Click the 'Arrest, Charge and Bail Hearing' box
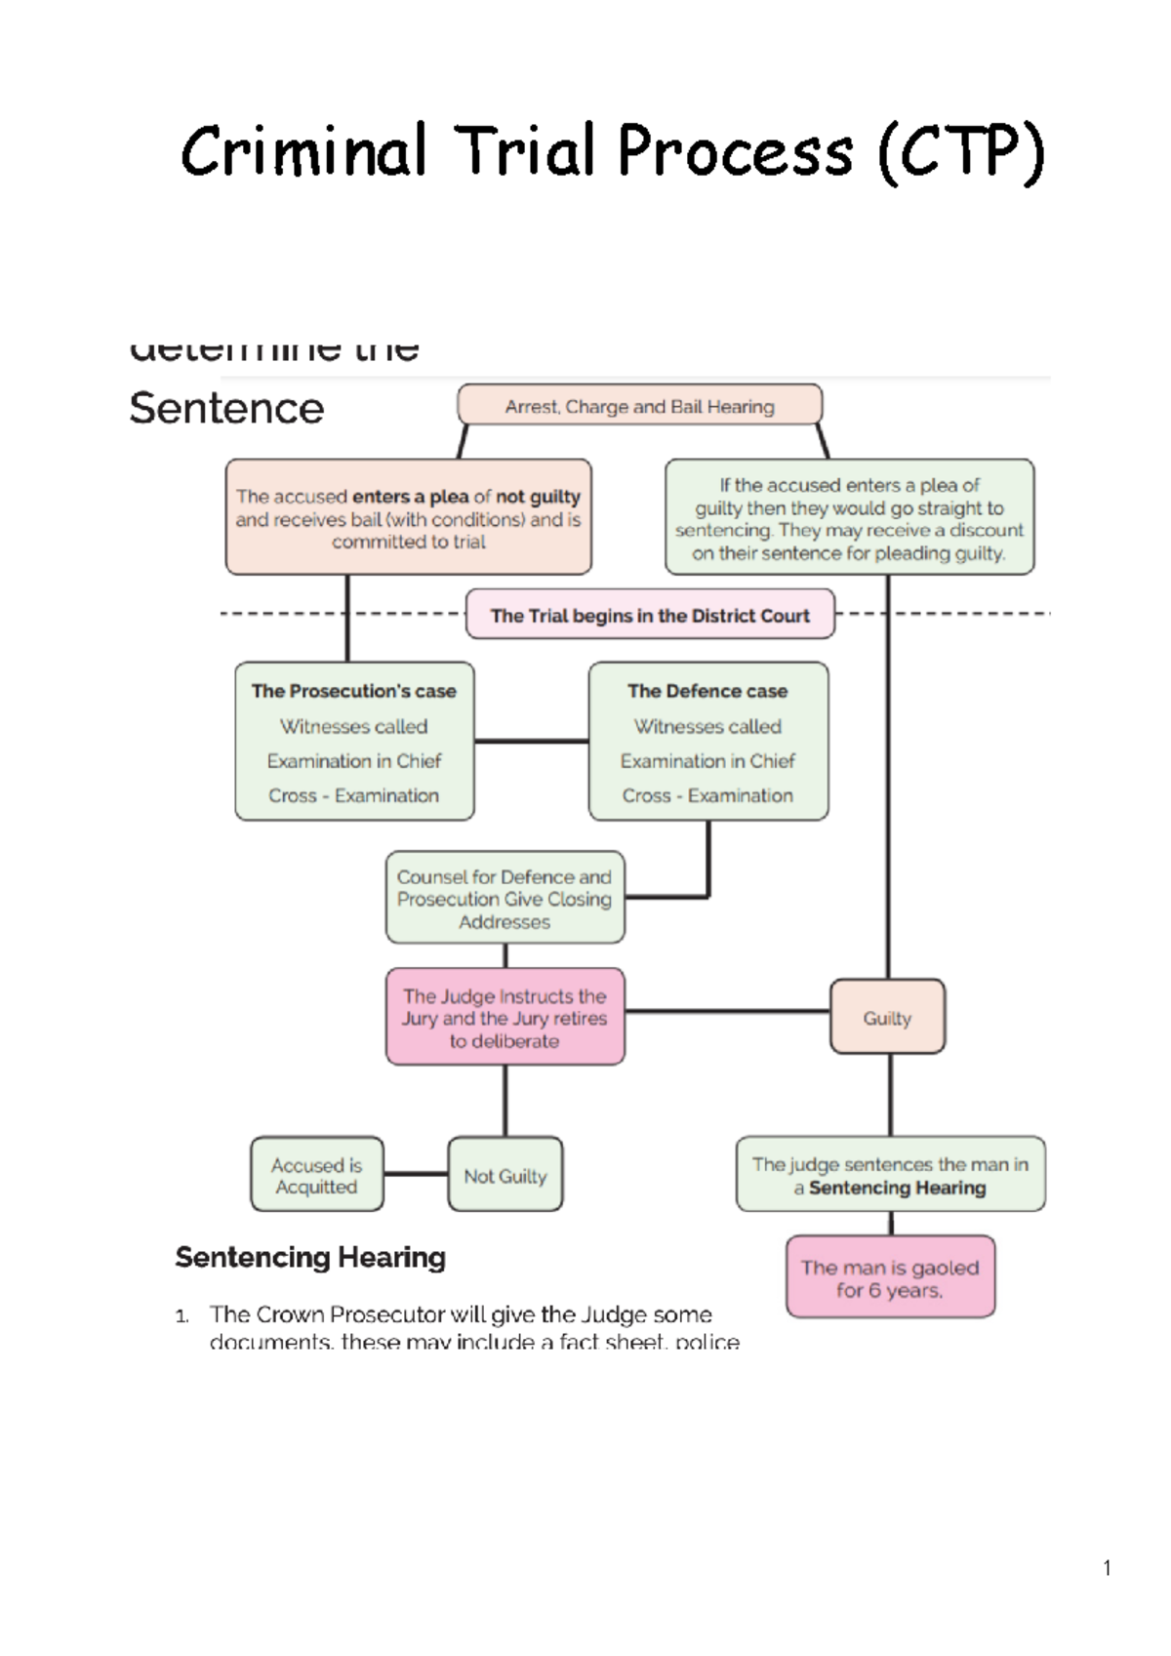pyautogui.click(x=639, y=406)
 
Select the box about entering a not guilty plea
pyautogui.click(x=408, y=517)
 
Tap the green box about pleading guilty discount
pyautogui.click(x=849, y=517)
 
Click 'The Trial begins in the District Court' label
pyautogui.click(x=650, y=615)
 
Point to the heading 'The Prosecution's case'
pyautogui.click(x=353, y=691)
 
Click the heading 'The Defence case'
pyautogui.click(x=707, y=691)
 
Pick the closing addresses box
pyautogui.click(x=505, y=898)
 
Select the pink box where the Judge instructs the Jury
pyautogui.click(x=505, y=1017)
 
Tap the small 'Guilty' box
pyautogui.click(x=887, y=1017)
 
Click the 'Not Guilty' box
pyautogui.click(x=505, y=1175)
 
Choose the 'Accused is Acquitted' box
pyautogui.click(x=316, y=1175)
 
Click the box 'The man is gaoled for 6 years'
pyautogui.click(x=890, y=1277)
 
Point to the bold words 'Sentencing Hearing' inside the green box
pyautogui.click(x=898, y=1188)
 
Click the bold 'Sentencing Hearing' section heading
pyautogui.click(x=310, y=1257)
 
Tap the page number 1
pyautogui.click(x=1107, y=1568)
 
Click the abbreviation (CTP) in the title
pyautogui.click(x=961, y=152)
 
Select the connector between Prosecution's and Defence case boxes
pyautogui.click(x=531, y=741)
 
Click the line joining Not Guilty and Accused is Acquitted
pyautogui.click(x=416, y=1173)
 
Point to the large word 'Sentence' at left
pyautogui.click(x=226, y=408)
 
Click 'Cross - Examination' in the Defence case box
pyautogui.click(x=707, y=795)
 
